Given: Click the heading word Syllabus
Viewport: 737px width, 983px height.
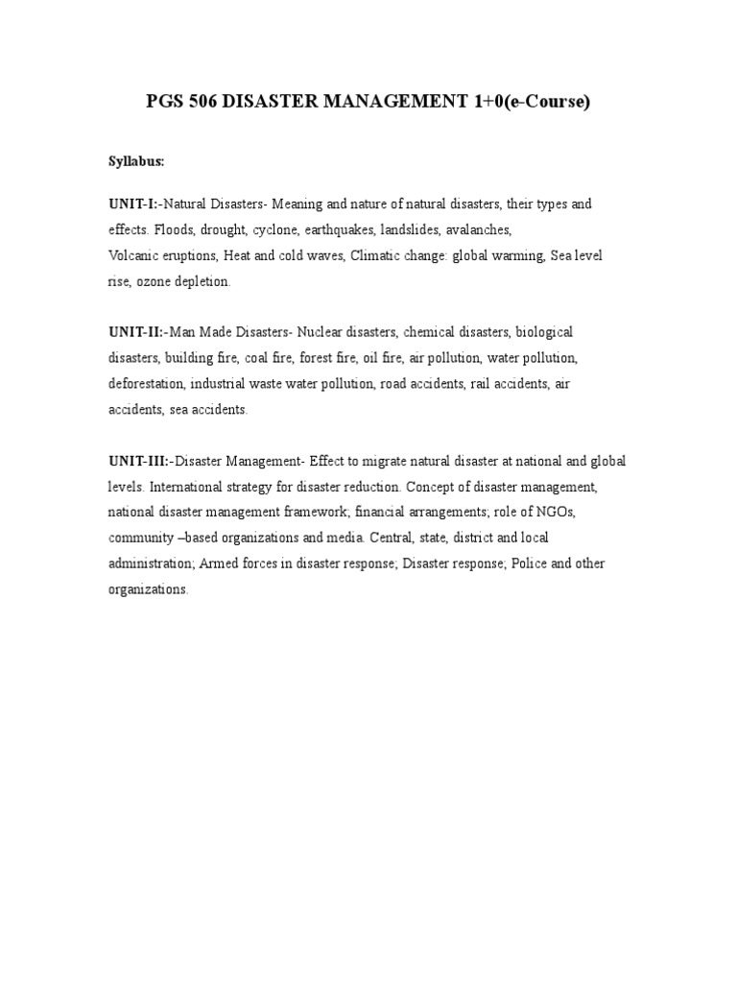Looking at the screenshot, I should coord(135,162).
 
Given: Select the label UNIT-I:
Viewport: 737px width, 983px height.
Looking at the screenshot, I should coord(133,204).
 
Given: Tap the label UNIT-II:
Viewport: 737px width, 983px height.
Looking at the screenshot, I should coord(136,332).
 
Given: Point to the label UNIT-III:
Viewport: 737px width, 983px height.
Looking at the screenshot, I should coord(139,462).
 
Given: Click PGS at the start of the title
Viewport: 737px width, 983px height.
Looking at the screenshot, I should coord(163,101).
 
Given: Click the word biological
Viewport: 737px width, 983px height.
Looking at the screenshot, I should coord(544,332).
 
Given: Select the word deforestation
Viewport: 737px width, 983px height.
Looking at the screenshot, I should coord(145,384).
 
